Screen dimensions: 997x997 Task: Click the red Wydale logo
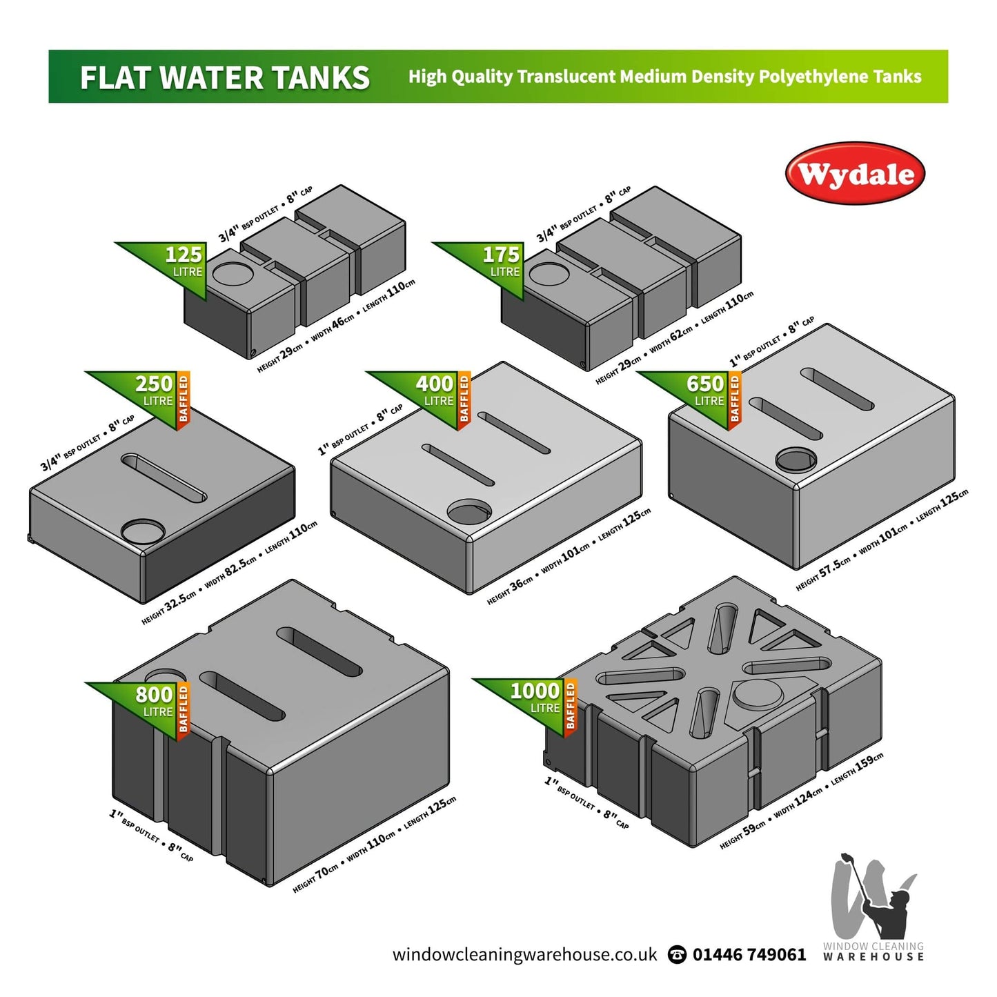(855, 174)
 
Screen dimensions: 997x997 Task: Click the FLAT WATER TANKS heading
(225, 77)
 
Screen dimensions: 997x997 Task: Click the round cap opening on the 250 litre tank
(144, 531)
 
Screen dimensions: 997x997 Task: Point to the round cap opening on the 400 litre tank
(469, 512)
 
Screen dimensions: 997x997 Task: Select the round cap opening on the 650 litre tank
(796, 459)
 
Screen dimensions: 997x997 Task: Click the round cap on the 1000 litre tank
(758, 693)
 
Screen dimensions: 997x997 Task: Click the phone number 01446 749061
(749, 954)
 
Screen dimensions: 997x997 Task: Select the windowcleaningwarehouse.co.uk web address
(524, 954)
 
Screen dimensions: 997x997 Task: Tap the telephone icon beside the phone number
(678, 955)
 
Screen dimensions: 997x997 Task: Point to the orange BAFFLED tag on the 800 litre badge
(184, 709)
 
